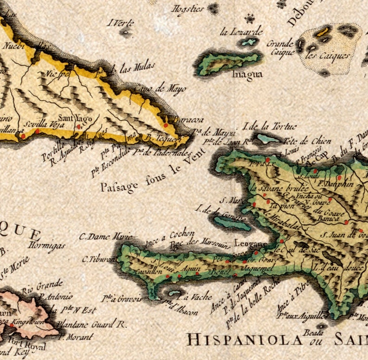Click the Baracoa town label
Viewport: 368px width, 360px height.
tap(182, 119)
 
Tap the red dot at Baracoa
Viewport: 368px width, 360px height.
tap(165, 124)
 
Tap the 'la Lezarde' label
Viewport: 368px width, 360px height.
tap(241, 32)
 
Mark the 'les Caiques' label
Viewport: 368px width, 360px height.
tap(328, 56)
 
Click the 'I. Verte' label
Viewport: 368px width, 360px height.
tap(121, 23)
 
